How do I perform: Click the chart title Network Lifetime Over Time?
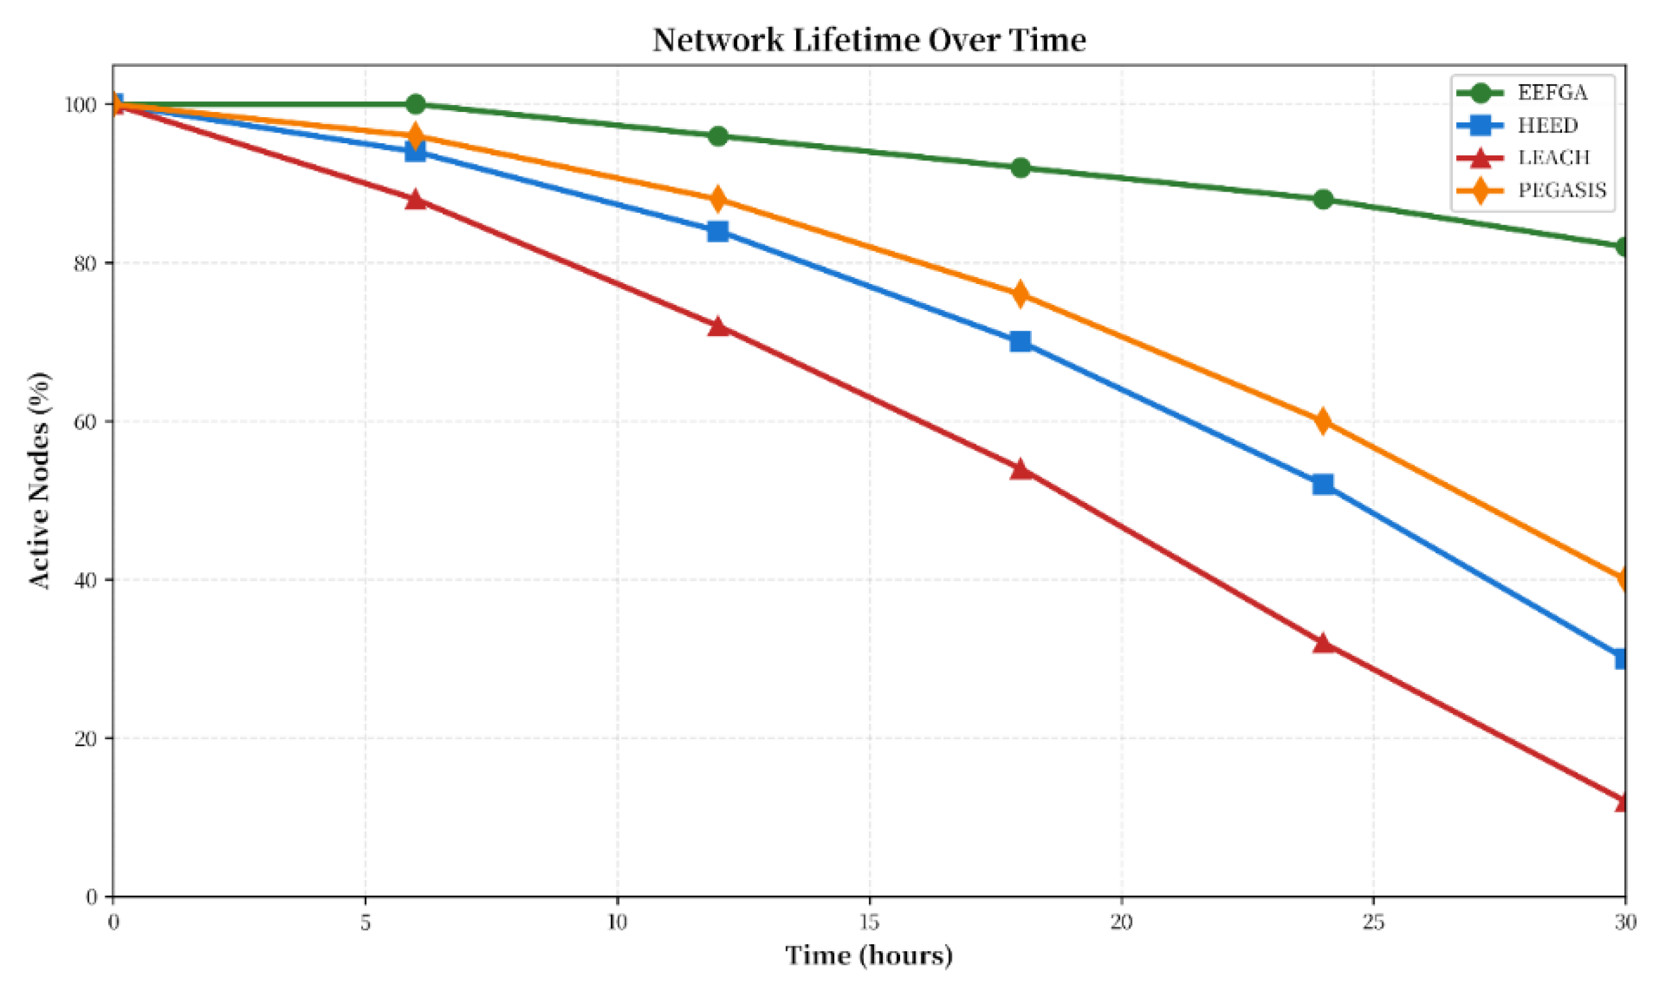tap(868, 40)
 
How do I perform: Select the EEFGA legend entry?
tap(1552, 92)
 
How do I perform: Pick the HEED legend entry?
tap(1547, 125)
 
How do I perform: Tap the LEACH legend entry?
tap(1553, 158)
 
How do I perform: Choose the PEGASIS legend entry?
tap(1562, 190)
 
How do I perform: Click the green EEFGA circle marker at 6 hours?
tap(415, 104)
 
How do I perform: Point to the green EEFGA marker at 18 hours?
tap(1020, 168)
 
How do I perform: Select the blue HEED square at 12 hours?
tap(717, 231)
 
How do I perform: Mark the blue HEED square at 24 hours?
tap(1322, 484)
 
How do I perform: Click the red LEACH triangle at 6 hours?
tap(415, 199)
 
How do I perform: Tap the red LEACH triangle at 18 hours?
tap(1020, 469)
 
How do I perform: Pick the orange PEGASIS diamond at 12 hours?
tap(717, 199)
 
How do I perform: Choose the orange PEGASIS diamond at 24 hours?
tap(1322, 421)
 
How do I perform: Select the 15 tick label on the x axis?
tap(868, 923)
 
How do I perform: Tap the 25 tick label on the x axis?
tap(1373, 923)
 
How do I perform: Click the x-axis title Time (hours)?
tap(868, 956)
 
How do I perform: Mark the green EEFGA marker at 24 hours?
tap(1322, 199)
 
